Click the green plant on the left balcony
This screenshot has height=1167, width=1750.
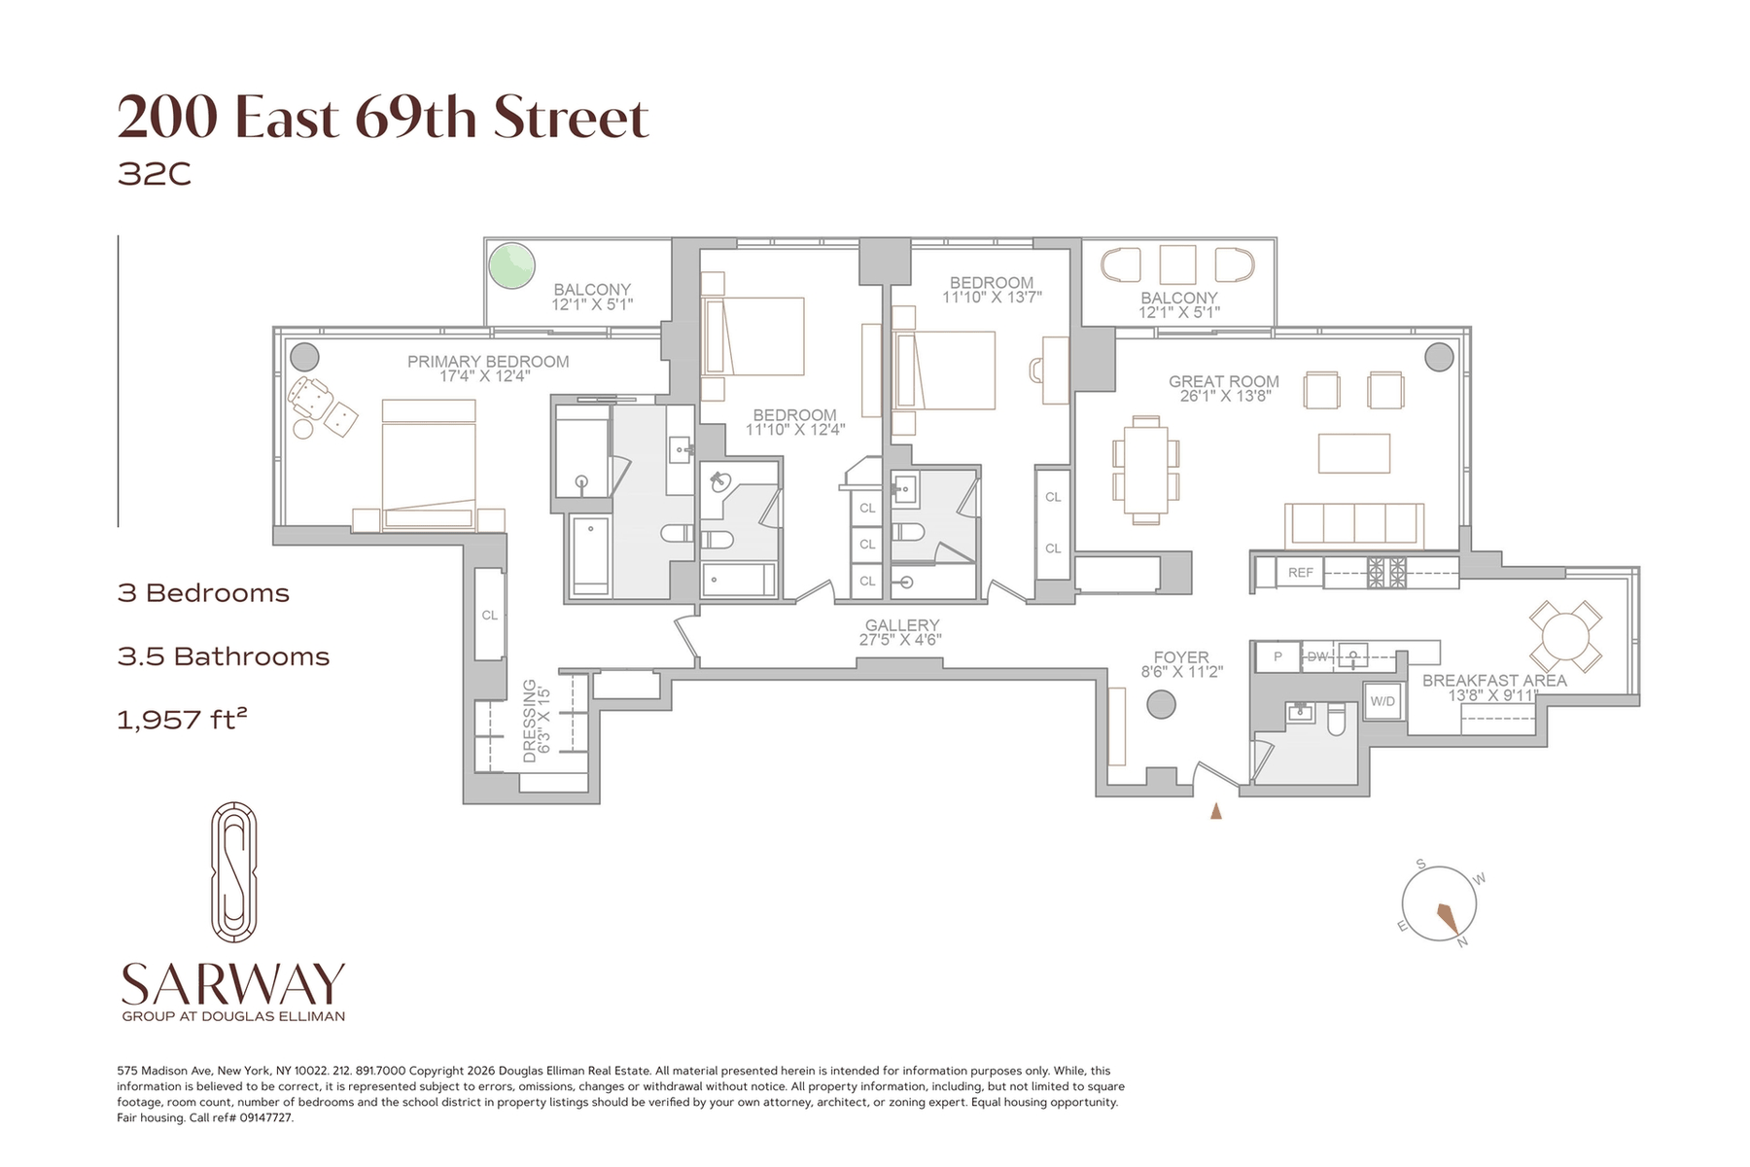click(x=511, y=265)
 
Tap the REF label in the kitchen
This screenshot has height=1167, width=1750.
click(x=1301, y=573)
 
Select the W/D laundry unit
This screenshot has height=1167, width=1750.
click(x=1382, y=701)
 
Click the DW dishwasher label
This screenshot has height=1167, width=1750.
click(x=1317, y=656)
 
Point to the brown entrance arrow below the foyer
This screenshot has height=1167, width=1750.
click(x=1215, y=810)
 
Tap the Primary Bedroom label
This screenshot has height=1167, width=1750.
click(x=488, y=362)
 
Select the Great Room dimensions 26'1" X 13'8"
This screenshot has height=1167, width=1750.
click(x=1224, y=396)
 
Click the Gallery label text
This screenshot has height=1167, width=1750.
click(x=902, y=625)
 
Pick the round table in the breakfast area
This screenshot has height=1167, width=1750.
click(x=1565, y=637)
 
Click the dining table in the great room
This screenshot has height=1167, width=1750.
click(x=1145, y=471)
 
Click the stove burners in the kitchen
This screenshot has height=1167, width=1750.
click(x=1387, y=572)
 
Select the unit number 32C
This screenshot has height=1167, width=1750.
click(x=154, y=174)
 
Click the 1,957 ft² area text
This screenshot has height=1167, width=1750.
click(x=182, y=720)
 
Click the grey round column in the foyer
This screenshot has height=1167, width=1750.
click(x=1161, y=704)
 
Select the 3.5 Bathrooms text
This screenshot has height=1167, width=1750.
click(x=224, y=656)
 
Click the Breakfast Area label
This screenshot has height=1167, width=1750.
click(x=1494, y=681)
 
